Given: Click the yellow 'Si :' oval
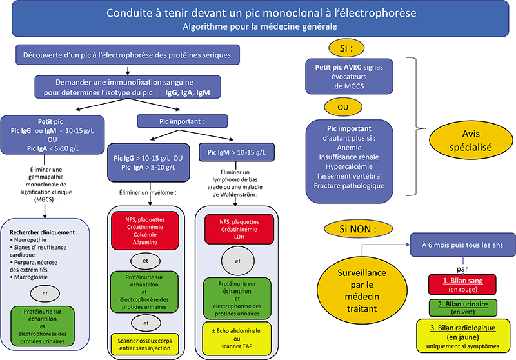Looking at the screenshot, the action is click(346, 48).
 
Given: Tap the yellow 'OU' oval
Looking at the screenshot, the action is click(343, 107).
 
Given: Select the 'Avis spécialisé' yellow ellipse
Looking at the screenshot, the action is click(471, 140).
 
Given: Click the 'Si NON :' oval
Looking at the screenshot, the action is click(358, 228).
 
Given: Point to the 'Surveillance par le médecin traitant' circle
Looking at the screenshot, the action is click(362, 290).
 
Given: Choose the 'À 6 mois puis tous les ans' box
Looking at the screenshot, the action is click(462, 245).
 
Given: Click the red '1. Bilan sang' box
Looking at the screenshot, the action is click(462, 285).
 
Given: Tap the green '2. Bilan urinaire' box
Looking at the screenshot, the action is click(462, 308).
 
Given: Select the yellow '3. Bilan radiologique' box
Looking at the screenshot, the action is click(462, 336).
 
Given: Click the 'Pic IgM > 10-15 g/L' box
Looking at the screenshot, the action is click(236, 152).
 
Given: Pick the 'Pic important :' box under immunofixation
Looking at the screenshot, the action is click(182, 121).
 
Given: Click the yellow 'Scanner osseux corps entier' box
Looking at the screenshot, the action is click(144, 345).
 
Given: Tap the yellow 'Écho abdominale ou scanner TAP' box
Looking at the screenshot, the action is click(237, 339).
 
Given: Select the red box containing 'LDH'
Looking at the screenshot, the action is click(239, 230).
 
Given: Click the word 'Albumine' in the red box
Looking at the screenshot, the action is click(145, 242).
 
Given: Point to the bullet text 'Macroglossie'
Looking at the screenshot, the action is click(30, 277).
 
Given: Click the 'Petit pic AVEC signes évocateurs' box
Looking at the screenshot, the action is click(349, 77).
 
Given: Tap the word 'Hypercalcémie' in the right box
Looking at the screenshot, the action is click(349, 166).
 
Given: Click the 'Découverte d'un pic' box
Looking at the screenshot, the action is click(128, 55).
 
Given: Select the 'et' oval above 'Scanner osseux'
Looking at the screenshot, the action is click(146, 323).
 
